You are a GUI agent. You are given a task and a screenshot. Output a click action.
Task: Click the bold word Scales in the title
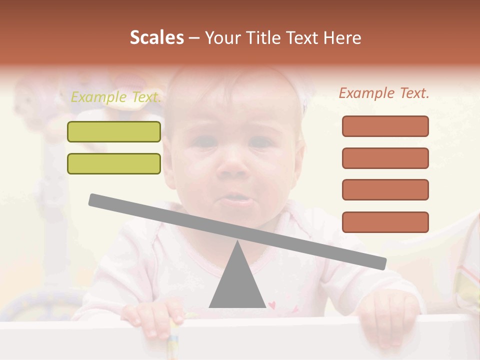point(156,37)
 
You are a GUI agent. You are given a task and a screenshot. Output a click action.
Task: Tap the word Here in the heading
point(342,38)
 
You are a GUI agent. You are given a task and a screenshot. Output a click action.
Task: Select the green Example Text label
point(116,97)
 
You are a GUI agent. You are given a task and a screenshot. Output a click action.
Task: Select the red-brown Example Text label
point(384,93)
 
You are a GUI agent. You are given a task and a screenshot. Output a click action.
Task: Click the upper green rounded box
point(114,131)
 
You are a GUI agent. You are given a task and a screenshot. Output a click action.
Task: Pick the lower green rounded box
point(114,163)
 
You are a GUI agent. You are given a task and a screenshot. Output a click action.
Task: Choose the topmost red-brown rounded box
point(385,126)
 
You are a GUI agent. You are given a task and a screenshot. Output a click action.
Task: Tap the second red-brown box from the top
point(385,158)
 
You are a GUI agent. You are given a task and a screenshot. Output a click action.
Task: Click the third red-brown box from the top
point(385,189)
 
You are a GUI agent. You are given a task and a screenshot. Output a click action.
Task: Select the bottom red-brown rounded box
point(385,222)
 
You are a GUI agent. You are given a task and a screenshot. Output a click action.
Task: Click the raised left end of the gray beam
point(95,199)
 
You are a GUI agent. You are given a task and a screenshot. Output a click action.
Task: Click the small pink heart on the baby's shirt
point(272,304)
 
